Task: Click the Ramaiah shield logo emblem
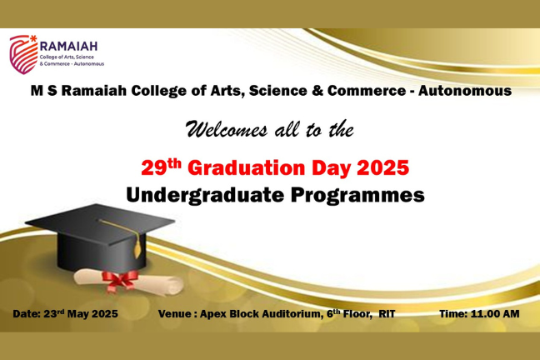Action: tap(23, 54)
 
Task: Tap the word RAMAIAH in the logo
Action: tap(69, 46)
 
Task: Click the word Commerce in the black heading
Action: tap(367, 91)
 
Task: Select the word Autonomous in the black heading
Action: tap(465, 91)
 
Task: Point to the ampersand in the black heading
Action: tap(317, 91)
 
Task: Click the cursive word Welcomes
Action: tap(227, 129)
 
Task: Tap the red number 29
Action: tap(154, 168)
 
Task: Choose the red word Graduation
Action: tap(247, 168)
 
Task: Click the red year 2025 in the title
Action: tap(383, 168)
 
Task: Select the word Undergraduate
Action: tap(205, 196)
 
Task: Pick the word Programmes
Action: tap(357, 196)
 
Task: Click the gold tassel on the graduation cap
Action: tap(137, 249)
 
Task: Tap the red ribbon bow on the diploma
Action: tap(120, 281)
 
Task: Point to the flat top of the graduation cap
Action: tap(100, 224)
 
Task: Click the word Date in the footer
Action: tap(27, 314)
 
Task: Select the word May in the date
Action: tap(78, 314)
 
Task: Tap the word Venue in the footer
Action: tap(175, 314)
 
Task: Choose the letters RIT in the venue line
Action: tap(387, 314)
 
